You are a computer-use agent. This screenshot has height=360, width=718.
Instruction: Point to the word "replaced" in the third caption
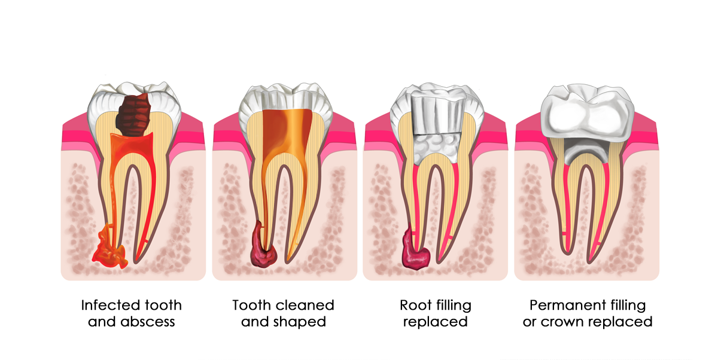tap(436, 322)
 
